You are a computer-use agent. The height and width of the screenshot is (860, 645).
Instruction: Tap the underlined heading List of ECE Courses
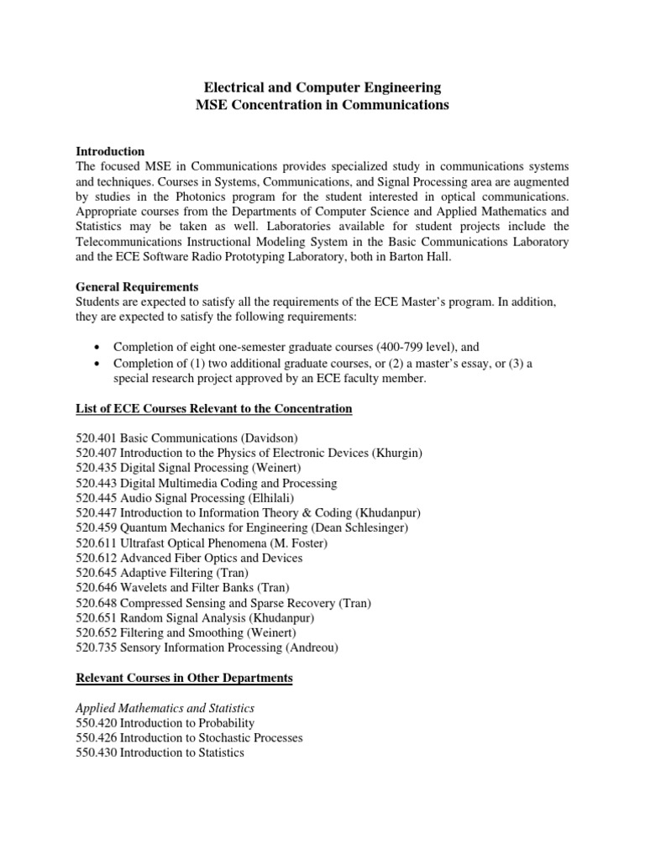[213, 409]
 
